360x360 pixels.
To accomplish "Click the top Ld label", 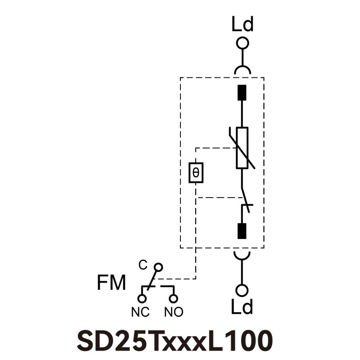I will pos(243,25).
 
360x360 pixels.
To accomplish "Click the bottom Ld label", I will pos(243,307).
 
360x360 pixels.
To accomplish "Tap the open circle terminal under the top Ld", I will pos(243,43).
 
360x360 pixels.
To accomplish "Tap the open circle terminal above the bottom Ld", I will pos(243,290).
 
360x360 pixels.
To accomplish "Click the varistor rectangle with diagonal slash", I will pos(242,148).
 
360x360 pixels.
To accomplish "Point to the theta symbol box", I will pos(196,172).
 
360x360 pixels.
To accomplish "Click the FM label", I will pos(111,283).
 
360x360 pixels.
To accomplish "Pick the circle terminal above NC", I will pos(142,298).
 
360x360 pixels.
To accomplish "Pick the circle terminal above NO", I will pos(173,298).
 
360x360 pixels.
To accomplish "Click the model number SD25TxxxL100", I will pos(175,341).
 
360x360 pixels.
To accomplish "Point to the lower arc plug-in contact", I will pos(243,255).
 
